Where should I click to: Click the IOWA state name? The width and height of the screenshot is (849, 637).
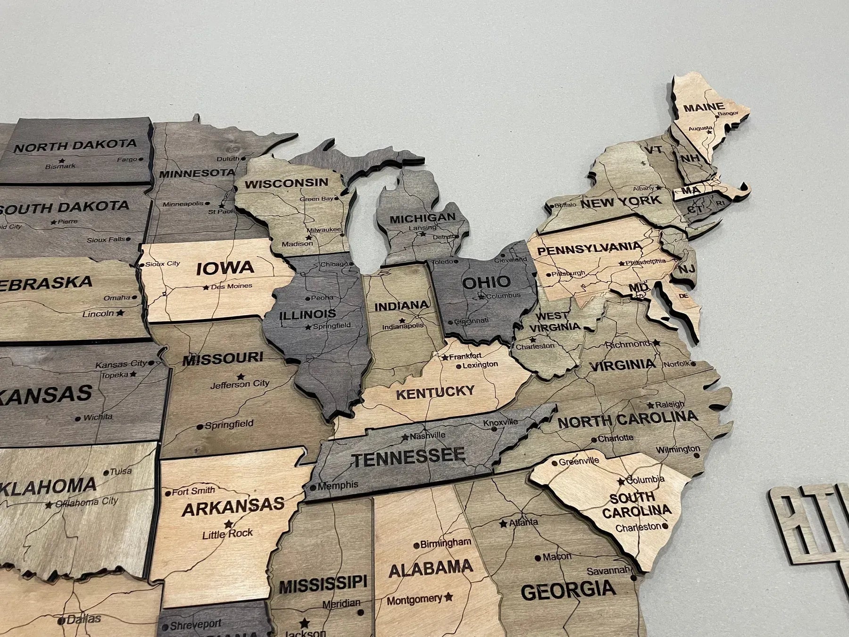(x=225, y=268)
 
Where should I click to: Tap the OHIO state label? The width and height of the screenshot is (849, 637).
(x=486, y=282)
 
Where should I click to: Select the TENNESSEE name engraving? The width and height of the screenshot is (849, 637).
(x=408, y=457)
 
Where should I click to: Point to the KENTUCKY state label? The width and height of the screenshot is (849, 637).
(x=435, y=392)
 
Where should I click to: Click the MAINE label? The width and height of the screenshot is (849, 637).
(x=704, y=108)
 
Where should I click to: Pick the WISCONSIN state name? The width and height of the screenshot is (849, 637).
(x=286, y=183)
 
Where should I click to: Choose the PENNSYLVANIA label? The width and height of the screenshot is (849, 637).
(x=590, y=248)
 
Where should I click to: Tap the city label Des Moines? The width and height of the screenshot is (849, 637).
(x=232, y=286)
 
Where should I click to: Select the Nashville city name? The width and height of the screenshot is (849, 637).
(x=427, y=436)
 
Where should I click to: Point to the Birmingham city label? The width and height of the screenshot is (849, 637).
(x=446, y=543)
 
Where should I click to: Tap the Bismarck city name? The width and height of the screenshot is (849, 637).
(x=60, y=167)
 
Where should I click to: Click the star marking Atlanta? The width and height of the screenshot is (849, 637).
(x=503, y=523)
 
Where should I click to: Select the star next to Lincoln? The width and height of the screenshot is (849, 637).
(x=120, y=312)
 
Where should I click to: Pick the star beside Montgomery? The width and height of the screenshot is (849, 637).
(x=449, y=597)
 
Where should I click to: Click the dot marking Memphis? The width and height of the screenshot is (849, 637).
(x=313, y=487)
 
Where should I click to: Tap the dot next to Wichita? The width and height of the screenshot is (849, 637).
(x=78, y=419)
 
